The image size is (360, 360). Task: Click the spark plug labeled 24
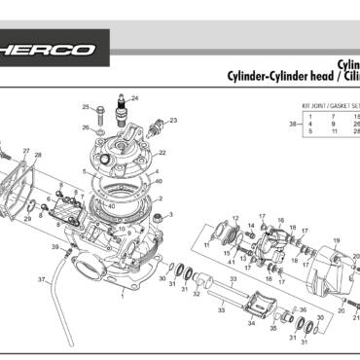(122, 106)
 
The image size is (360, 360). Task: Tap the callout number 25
(86, 107)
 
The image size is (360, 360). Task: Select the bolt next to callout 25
(99, 109)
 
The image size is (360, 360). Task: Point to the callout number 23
(173, 121)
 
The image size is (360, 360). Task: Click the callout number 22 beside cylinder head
(162, 153)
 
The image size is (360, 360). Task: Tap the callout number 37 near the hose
(41, 279)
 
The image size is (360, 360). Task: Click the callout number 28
(38, 156)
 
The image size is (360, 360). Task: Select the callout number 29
(27, 220)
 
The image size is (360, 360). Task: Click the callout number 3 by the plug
(170, 213)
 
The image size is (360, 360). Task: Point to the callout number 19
(235, 218)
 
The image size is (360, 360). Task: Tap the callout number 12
(235, 218)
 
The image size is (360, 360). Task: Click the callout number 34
(251, 324)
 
